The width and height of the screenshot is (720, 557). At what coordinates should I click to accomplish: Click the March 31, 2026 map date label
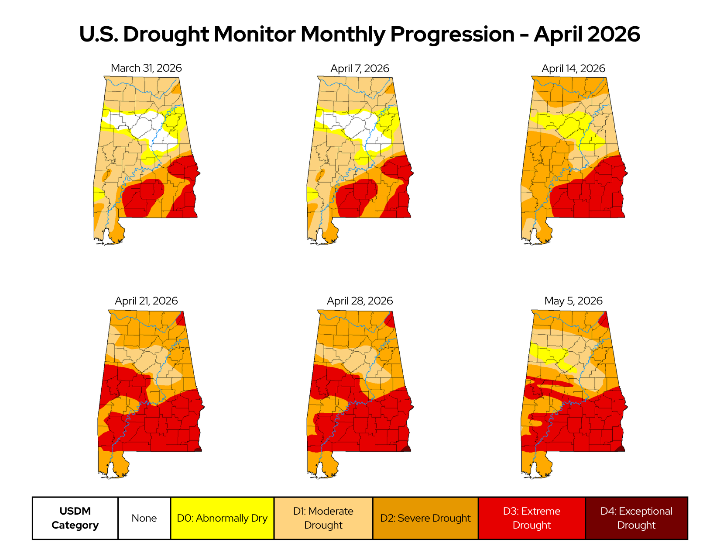(x=146, y=68)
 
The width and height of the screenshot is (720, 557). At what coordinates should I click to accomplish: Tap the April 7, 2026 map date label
(x=360, y=68)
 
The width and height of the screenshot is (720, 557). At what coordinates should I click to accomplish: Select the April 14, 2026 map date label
(x=573, y=68)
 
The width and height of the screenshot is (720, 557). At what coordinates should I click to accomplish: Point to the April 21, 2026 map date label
(x=146, y=301)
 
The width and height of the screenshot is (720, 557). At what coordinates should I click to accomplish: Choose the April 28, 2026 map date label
(x=360, y=301)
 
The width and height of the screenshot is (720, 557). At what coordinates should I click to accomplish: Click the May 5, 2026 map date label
(x=573, y=301)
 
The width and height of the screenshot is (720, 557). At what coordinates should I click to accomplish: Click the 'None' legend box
(x=144, y=518)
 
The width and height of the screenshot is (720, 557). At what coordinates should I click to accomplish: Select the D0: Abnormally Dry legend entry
(x=222, y=518)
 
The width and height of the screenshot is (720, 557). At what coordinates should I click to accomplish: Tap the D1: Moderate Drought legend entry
(x=323, y=518)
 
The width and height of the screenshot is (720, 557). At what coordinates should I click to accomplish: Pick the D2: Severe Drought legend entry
(x=425, y=518)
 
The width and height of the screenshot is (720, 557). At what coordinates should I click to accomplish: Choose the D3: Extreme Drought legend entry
(x=532, y=518)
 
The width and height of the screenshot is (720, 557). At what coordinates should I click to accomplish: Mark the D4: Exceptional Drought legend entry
(x=637, y=518)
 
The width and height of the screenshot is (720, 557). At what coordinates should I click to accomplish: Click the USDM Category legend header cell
(x=75, y=518)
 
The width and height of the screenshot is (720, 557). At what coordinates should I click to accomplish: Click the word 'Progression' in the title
(x=453, y=35)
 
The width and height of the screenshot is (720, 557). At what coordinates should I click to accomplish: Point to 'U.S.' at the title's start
(x=99, y=34)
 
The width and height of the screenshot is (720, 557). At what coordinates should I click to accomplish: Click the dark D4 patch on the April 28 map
(x=406, y=449)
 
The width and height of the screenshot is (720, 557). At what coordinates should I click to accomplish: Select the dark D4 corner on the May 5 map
(x=620, y=449)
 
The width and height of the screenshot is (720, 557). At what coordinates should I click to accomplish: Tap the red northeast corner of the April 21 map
(x=181, y=319)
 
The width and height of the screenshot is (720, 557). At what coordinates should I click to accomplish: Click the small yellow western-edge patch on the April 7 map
(x=312, y=194)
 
